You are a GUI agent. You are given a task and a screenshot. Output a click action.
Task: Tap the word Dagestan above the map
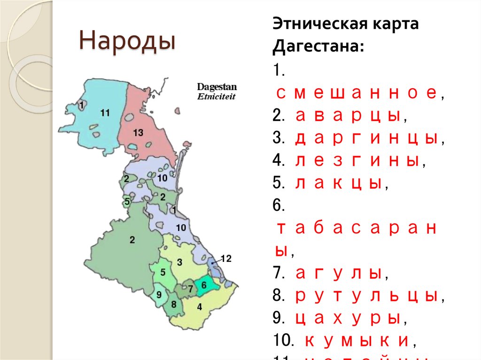[x=217, y=87]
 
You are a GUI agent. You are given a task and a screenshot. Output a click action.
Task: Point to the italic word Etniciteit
[x=217, y=96]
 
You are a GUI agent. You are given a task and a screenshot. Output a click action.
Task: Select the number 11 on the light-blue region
[x=105, y=113]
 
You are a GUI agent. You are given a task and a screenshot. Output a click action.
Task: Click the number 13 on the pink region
[x=138, y=133]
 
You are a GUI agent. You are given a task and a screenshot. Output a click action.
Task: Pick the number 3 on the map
[x=179, y=261]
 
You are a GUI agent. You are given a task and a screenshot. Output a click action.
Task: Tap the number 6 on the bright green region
[x=204, y=284]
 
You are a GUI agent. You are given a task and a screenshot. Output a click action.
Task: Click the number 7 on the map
[x=190, y=289]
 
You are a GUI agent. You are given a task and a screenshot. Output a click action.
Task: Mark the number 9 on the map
[x=159, y=295]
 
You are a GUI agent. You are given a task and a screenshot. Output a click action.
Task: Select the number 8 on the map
[x=174, y=304]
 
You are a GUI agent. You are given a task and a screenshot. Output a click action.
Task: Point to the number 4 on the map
[x=200, y=307]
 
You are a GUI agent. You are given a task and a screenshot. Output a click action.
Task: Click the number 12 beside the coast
[x=226, y=258]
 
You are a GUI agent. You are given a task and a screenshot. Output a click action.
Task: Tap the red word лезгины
[x=357, y=161]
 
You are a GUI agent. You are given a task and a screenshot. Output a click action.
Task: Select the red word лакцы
[x=338, y=184]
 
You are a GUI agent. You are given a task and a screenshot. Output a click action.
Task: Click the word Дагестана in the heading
[x=318, y=46]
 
